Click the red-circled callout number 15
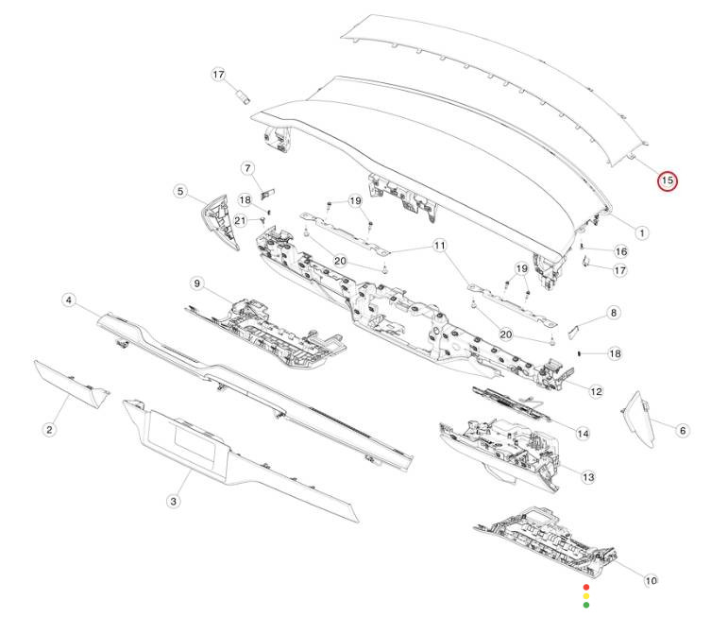click(x=668, y=180)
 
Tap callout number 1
click(x=642, y=232)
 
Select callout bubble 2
click(x=50, y=430)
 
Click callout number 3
click(x=173, y=501)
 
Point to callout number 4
click(x=69, y=300)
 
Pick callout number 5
click(x=180, y=191)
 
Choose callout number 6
click(x=683, y=431)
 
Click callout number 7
click(x=247, y=168)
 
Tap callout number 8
click(x=614, y=313)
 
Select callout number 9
click(x=197, y=283)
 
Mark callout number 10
click(x=651, y=580)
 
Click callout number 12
click(x=596, y=392)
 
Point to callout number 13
click(x=588, y=477)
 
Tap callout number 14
click(x=583, y=434)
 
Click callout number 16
click(x=620, y=251)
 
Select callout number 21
click(x=240, y=220)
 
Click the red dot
click(x=586, y=588)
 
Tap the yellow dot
click(x=586, y=596)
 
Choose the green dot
click(x=586, y=605)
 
